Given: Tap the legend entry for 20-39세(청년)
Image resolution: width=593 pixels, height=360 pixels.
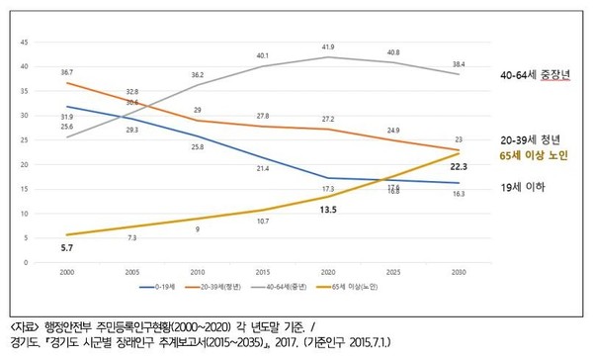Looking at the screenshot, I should pos(232,285).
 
